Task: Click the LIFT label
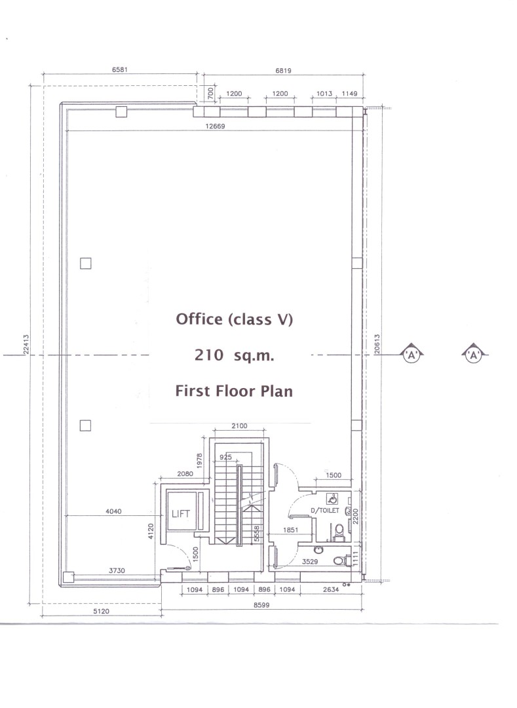(180, 514)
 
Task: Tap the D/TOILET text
(325, 511)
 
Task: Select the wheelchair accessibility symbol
(332, 499)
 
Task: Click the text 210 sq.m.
(234, 355)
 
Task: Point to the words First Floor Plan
(234, 391)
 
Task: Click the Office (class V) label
(234, 319)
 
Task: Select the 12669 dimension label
(215, 127)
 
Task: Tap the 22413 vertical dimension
(26, 345)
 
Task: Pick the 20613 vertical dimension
(377, 344)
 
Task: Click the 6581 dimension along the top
(120, 69)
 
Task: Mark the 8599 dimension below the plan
(261, 605)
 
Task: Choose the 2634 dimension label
(331, 589)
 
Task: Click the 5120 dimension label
(101, 612)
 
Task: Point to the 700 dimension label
(211, 94)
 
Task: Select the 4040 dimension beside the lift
(113, 511)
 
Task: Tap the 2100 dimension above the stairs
(239, 426)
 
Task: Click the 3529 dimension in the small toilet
(310, 562)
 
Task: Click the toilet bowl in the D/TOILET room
(339, 530)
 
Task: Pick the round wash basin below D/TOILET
(318, 550)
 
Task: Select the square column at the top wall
(121, 111)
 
